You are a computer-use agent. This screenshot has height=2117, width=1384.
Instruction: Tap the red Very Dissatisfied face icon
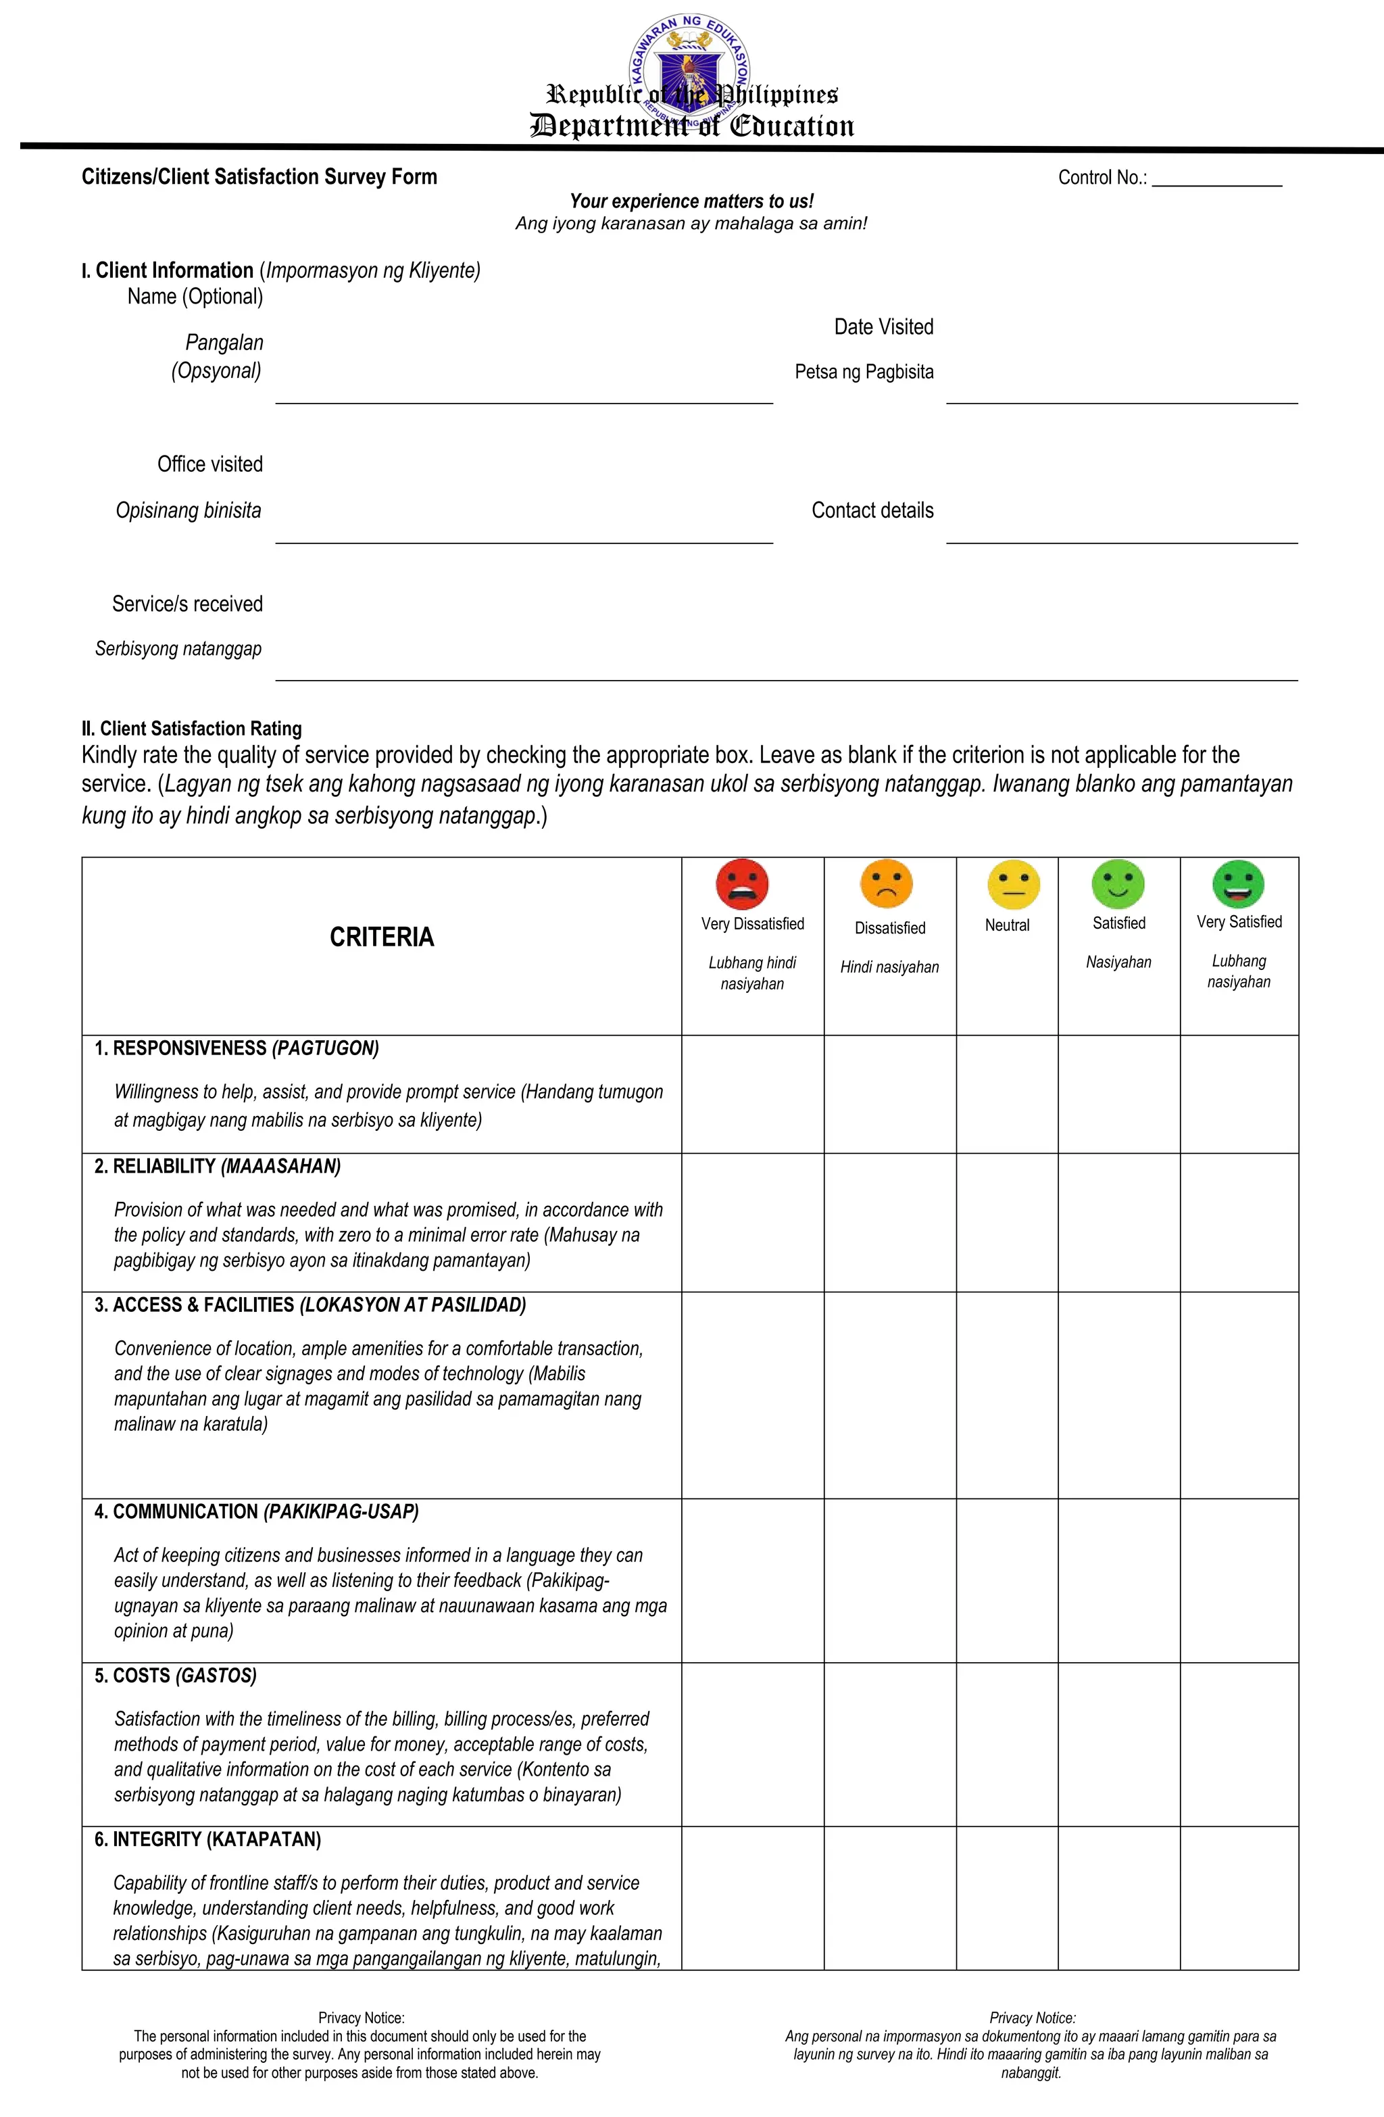742,884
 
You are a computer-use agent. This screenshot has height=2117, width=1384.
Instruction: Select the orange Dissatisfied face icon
886,884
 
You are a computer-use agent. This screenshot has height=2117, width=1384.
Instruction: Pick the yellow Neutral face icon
1013,884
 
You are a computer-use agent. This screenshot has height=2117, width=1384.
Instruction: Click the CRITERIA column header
382,938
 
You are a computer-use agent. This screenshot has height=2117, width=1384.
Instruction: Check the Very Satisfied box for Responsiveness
1238,1094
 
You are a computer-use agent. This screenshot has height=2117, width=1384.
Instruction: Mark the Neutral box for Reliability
1007,1222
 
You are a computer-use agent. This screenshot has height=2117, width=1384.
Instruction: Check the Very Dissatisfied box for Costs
753,1745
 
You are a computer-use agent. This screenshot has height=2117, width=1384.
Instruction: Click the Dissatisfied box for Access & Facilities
889,1394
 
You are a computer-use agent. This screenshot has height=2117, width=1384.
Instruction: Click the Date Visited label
883,327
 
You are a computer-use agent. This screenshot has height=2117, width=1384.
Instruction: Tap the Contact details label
872,510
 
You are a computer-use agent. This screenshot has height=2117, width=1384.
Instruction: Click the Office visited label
210,464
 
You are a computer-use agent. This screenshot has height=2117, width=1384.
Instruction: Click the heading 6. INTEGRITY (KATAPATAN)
207,1839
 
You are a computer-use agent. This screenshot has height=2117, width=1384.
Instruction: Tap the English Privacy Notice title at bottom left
361,2018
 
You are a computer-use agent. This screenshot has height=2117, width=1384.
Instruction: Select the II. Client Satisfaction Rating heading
192,729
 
